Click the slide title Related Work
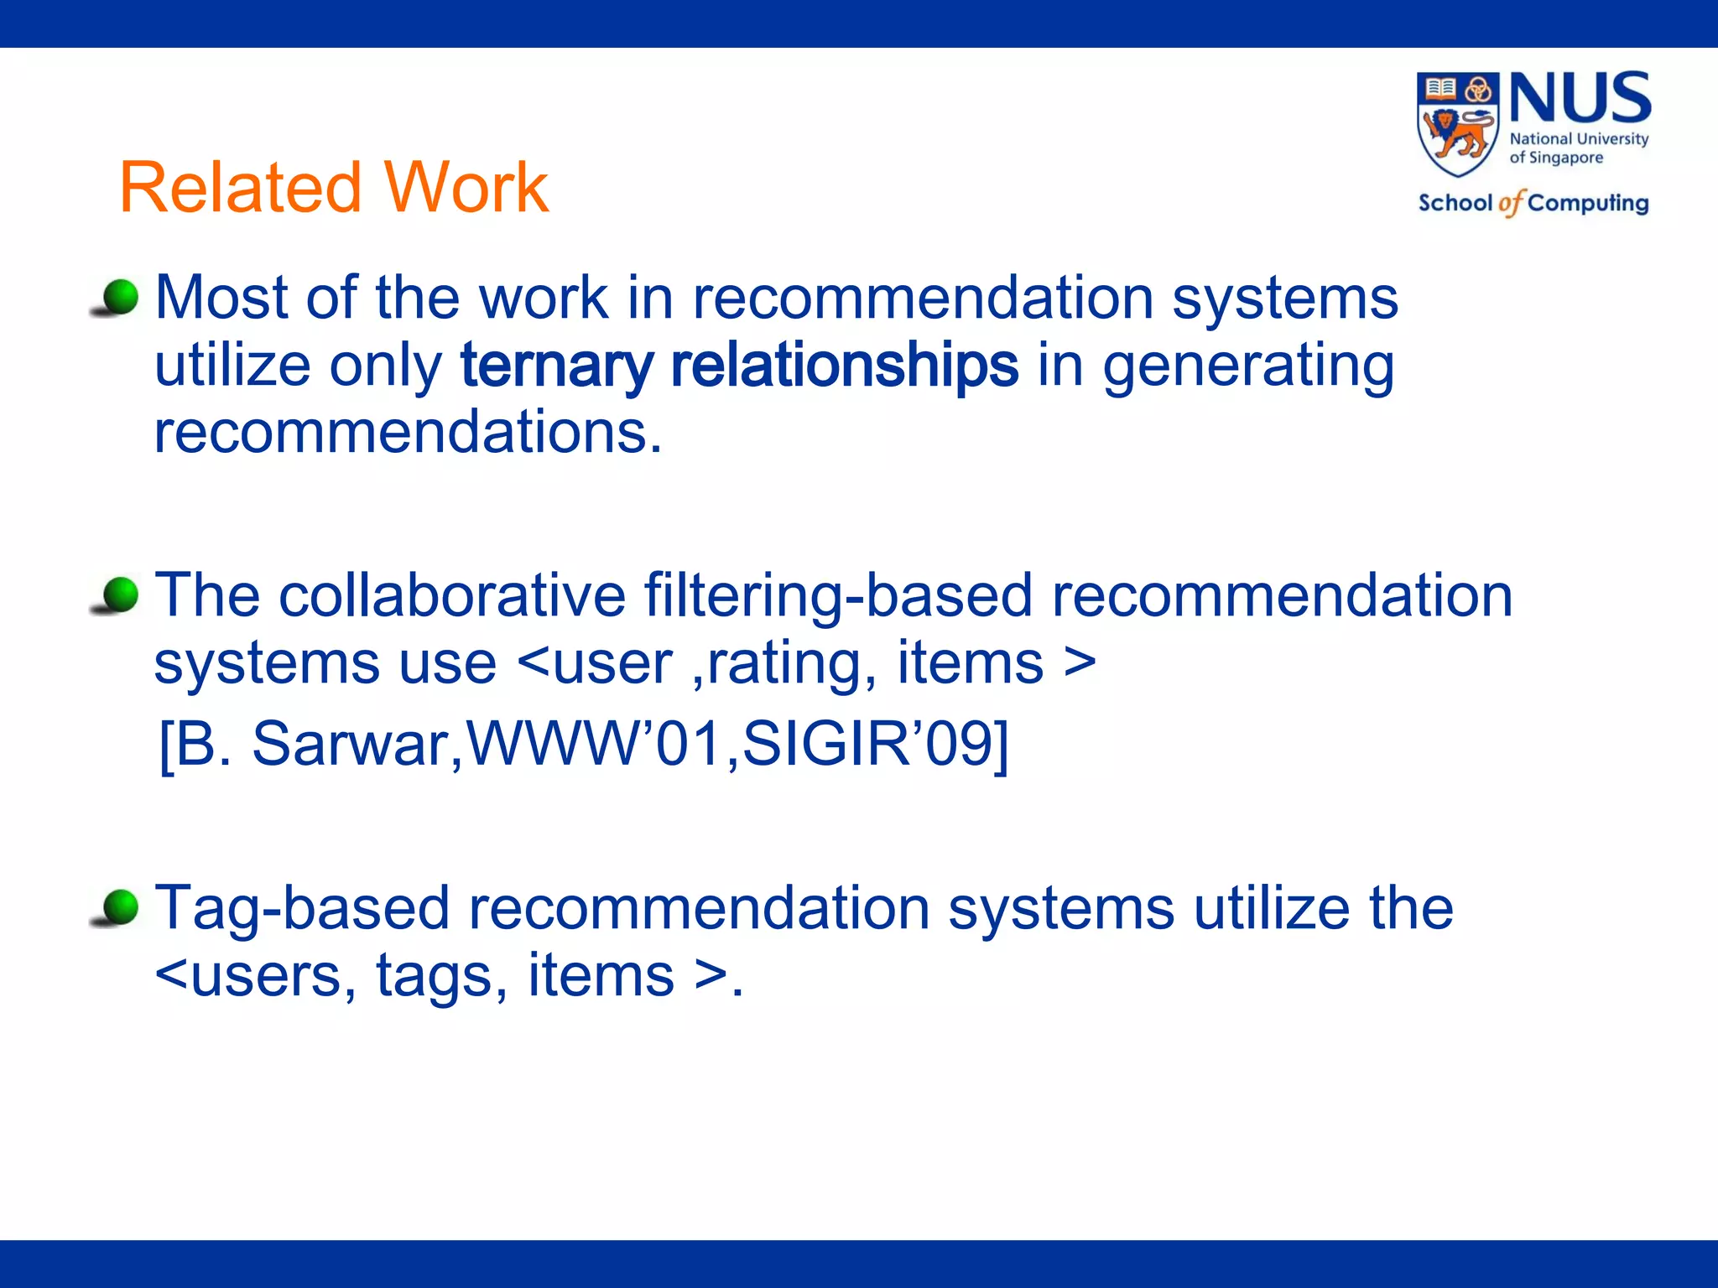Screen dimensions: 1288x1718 pyautogui.click(x=334, y=187)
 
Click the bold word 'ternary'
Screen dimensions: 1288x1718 pyautogui.click(x=555, y=366)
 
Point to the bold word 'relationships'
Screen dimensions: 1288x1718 pyautogui.click(x=845, y=366)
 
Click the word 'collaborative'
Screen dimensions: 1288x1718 pyautogui.click(x=452, y=596)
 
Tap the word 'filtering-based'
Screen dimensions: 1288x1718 pyautogui.click(x=838, y=596)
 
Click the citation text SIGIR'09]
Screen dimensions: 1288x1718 pyautogui.click(x=876, y=744)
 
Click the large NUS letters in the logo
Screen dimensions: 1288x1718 pyautogui.click(x=1580, y=99)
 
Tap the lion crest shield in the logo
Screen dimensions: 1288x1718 pyautogui.click(x=1457, y=124)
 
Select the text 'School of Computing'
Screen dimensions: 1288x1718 pyautogui.click(x=1533, y=203)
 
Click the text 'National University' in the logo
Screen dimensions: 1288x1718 pyautogui.click(x=1579, y=139)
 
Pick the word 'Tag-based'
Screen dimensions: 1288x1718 pyautogui.click(x=302, y=909)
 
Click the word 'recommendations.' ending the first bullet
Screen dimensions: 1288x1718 pyautogui.click(x=409, y=433)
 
